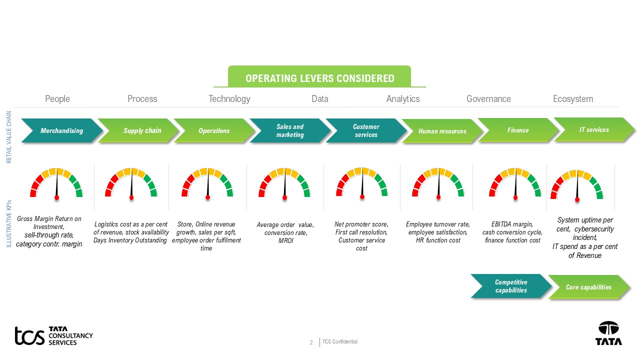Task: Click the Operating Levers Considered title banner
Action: pyautogui.click(x=319, y=78)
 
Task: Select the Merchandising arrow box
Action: pyautogui.click(x=61, y=130)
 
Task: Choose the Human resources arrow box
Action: pyautogui.click(x=442, y=131)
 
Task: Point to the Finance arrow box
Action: pyautogui.click(x=518, y=130)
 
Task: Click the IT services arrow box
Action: pyautogui.click(x=594, y=129)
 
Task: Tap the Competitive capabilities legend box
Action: pyautogui.click(x=511, y=286)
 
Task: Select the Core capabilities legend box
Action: pyautogui.click(x=588, y=287)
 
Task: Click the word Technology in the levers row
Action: pyautogui.click(x=229, y=99)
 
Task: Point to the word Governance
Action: pyautogui.click(x=488, y=99)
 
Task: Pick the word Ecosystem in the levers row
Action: pyautogui.click(x=573, y=99)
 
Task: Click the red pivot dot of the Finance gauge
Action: pyautogui.click(x=515, y=197)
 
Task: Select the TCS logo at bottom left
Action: pyautogui.click(x=53, y=335)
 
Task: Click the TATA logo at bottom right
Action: pyautogui.click(x=608, y=333)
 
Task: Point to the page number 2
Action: pyautogui.click(x=311, y=342)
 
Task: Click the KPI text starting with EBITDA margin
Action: pyautogui.click(x=512, y=232)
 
